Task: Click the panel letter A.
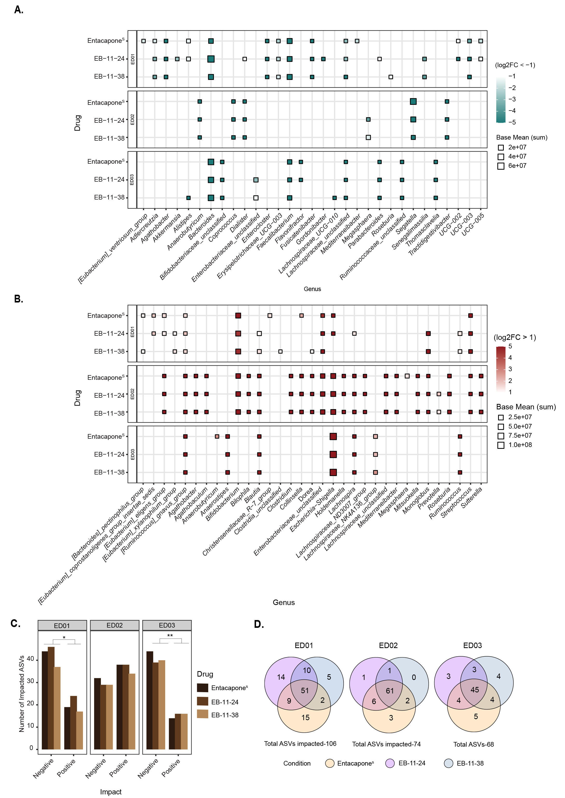(18, 10)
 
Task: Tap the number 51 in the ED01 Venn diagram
(305, 690)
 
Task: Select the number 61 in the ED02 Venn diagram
(390, 690)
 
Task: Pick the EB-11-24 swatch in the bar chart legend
(203, 701)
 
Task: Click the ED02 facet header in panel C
(114, 625)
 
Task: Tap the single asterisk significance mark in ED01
(64, 638)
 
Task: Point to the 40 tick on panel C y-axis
(31, 659)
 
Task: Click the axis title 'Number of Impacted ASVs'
(22, 694)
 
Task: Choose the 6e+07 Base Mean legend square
(501, 166)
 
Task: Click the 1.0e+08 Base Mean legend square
(501, 445)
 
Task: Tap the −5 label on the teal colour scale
(512, 122)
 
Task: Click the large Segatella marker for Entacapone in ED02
(413, 101)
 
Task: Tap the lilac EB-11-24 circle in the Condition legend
(390, 763)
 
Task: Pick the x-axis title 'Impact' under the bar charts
(111, 792)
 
